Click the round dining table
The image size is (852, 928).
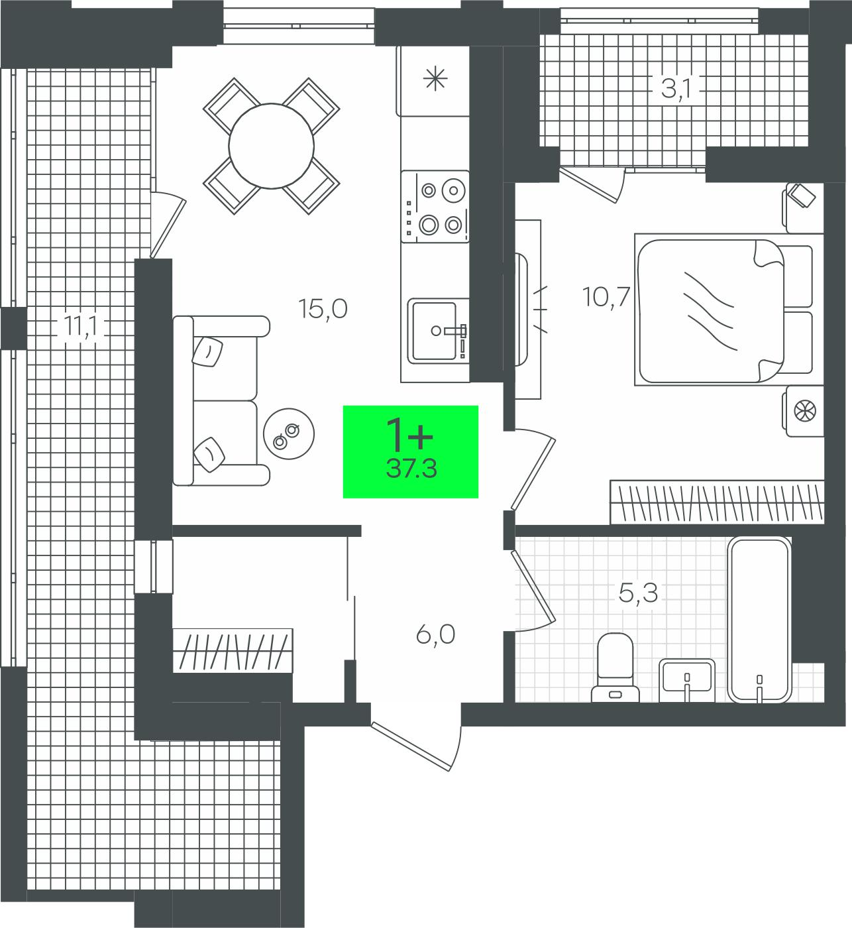click(272, 146)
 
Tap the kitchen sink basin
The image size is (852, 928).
click(434, 331)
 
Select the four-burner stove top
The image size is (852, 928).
click(435, 206)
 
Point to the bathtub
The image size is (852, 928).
click(759, 619)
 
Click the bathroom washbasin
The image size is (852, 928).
click(687, 680)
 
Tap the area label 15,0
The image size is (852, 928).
click(323, 309)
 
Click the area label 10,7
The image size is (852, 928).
click(606, 297)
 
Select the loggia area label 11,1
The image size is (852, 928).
click(80, 327)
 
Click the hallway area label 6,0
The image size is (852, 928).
click(435, 635)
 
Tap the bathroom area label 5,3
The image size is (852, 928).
click(638, 593)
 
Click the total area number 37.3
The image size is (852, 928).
click(411, 469)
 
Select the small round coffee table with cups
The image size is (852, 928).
click(289, 434)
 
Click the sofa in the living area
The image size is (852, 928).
click(221, 400)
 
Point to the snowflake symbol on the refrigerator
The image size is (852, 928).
click(435, 78)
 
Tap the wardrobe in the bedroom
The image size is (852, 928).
click(717, 502)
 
